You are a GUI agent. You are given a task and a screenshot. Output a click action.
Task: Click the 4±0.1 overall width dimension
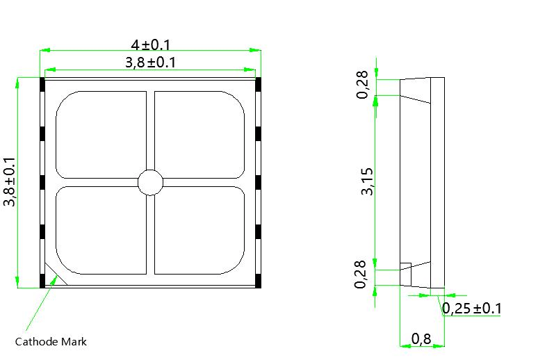[150, 44]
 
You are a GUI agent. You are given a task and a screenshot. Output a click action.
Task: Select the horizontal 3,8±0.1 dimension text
[150, 63]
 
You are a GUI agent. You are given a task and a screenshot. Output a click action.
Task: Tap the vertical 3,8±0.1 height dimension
[9, 182]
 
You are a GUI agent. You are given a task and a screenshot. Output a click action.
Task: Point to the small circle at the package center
[150, 183]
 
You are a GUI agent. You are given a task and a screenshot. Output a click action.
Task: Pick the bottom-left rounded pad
[101, 230]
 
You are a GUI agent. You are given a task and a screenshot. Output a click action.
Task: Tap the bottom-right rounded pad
[199, 230]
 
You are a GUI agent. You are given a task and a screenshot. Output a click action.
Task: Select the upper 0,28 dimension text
[363, 85]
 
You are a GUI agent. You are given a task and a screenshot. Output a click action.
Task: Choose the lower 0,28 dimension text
[361, 275]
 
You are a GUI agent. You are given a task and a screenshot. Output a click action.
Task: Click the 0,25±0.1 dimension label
[472, 309]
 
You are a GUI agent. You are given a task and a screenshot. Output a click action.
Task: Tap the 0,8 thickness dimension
[421, 339]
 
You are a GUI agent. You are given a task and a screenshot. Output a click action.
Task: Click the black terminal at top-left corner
[42, 85]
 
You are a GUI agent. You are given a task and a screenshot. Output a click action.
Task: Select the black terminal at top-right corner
[258, 85]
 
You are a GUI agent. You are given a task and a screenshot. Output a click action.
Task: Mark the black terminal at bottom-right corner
[258, 280]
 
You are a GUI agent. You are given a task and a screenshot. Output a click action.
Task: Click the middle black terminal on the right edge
[258, 182]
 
